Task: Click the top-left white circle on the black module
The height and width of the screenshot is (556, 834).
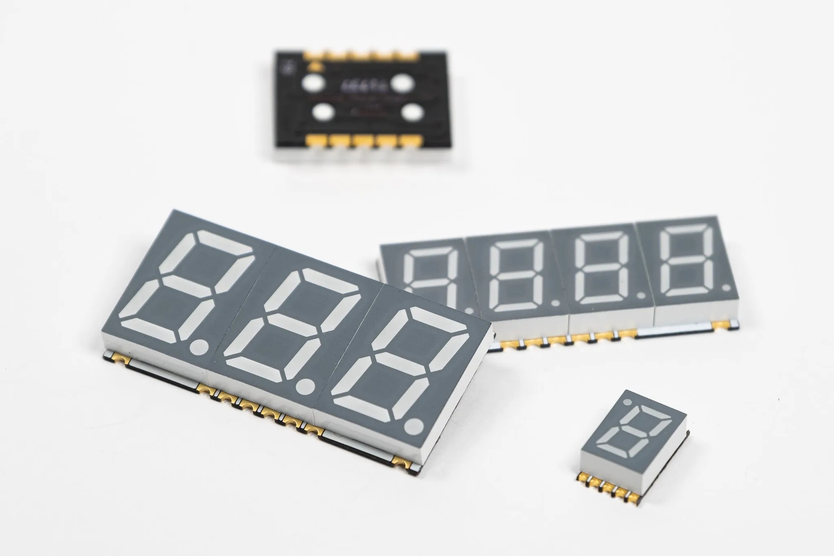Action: [x=314, y=84]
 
